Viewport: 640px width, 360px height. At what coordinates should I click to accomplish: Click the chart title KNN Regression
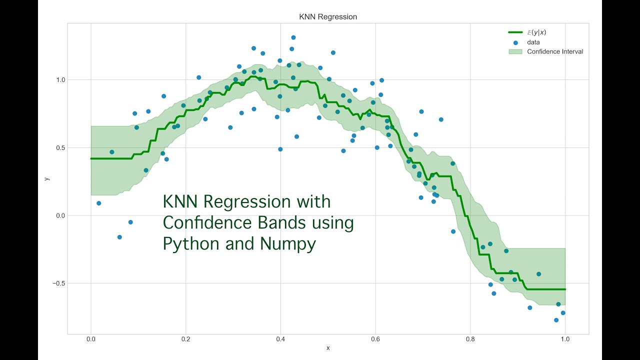pos(328,17)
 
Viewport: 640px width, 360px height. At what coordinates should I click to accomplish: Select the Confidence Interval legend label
pos(555,51)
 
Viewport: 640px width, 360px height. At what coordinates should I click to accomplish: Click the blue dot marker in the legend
pos(515,42)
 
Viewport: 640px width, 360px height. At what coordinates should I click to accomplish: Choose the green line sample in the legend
pos(515,33)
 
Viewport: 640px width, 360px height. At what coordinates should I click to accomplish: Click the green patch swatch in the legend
pos(515,51)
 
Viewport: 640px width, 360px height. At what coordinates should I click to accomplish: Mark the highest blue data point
pos(293,37)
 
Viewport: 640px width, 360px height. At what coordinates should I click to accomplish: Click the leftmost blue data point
pos(98,203)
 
